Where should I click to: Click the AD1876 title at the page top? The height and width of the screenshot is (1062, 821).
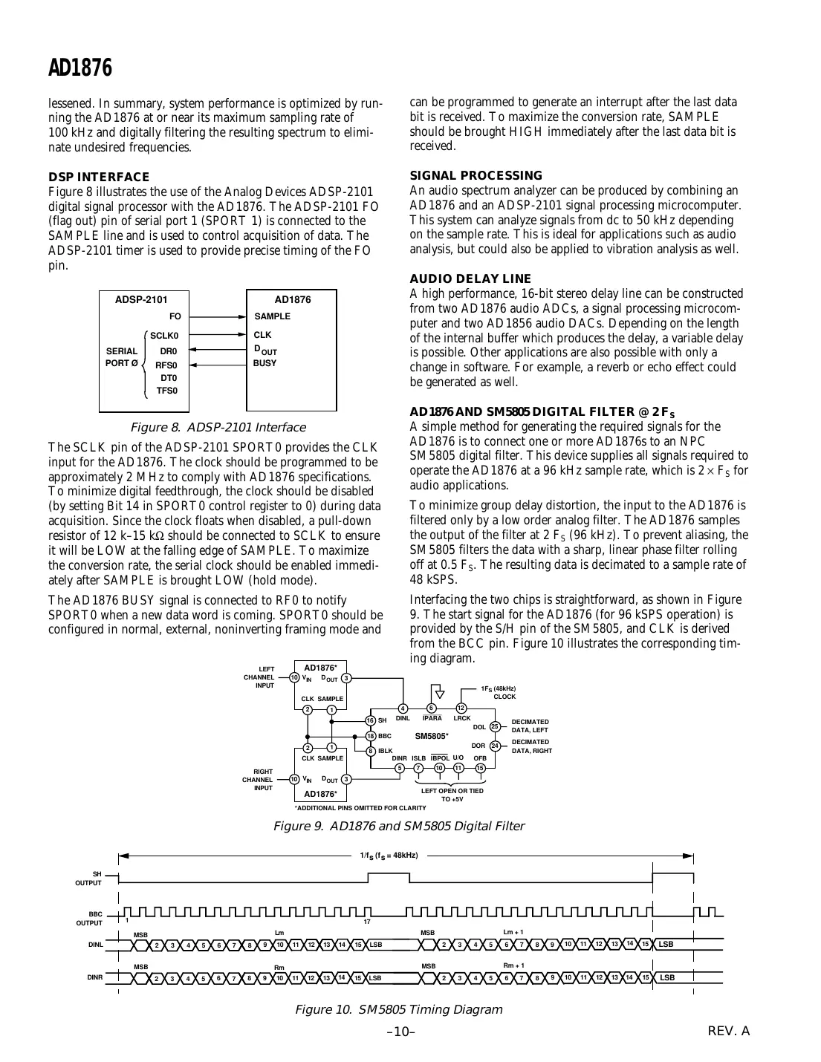click(x=80, y=68)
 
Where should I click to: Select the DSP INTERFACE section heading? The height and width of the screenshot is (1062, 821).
click(x=99, y=177)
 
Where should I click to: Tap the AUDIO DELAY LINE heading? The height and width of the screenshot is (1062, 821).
click(x=470, y=279)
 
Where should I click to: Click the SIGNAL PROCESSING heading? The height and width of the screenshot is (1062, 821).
click(x=476, y=176)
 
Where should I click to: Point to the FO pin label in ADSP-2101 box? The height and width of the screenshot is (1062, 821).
click(x=175, y=316)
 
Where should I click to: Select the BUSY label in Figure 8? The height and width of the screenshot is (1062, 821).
click(x=265, y=364)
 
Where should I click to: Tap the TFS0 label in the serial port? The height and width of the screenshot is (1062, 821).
click(x=166, y=391)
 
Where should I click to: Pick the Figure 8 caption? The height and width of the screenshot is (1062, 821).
click(x=217, y=428)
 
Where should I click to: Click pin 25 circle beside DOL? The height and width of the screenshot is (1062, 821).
click(x=495, y=726)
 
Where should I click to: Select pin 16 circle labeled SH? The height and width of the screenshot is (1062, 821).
click(x=370, y=720)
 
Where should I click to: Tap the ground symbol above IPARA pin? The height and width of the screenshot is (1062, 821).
click(x=439, y=694)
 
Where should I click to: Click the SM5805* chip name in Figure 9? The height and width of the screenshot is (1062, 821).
click(x=431, y=736)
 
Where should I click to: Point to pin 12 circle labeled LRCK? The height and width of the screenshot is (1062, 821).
click(x=461, y=708)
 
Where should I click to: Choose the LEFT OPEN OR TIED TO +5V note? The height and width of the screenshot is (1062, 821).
click(x=452, y=795)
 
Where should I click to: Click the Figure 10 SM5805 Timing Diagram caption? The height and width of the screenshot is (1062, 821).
click(x=398, y=1010)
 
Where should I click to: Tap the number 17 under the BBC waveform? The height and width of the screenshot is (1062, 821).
click(x=367, y=922)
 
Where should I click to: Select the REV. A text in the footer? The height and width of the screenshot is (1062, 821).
click(x=729, y=1032)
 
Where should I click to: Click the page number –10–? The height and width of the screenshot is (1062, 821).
click(x=400, y=1032)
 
